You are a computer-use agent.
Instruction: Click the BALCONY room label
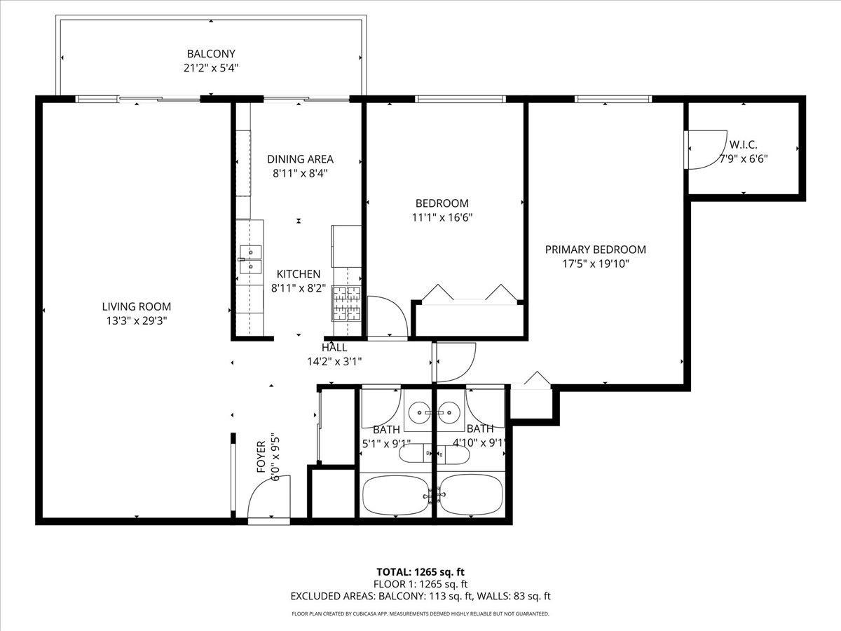(x=211, y=54)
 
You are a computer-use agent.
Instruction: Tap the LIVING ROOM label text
(x=137, y=306)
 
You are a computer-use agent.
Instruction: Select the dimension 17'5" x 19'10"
(x=596, y=264)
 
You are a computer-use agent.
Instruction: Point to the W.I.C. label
(x=744, y=145)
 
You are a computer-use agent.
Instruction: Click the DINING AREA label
(x=300, y=159)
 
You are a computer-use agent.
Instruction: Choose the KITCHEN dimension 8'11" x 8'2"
(x=299, y=288)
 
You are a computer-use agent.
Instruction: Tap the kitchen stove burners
(x=346, y=304)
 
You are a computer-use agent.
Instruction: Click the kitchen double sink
(x=251, y=259)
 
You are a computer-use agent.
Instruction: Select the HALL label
(x=334, y=348)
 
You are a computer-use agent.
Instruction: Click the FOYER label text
(x=261, y=456)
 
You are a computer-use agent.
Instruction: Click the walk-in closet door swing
(x=707, y=150)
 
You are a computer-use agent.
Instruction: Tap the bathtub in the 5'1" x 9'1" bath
(x=396, y=496)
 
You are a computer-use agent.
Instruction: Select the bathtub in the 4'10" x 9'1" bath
(x=471, y=496)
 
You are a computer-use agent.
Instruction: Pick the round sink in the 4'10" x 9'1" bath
(x=449, y=413)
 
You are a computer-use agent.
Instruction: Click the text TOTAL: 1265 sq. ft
(x=420, y=572)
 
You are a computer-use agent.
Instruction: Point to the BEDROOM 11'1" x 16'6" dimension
(x=442, y=217)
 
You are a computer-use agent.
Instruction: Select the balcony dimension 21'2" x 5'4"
(x=211, y=68)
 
